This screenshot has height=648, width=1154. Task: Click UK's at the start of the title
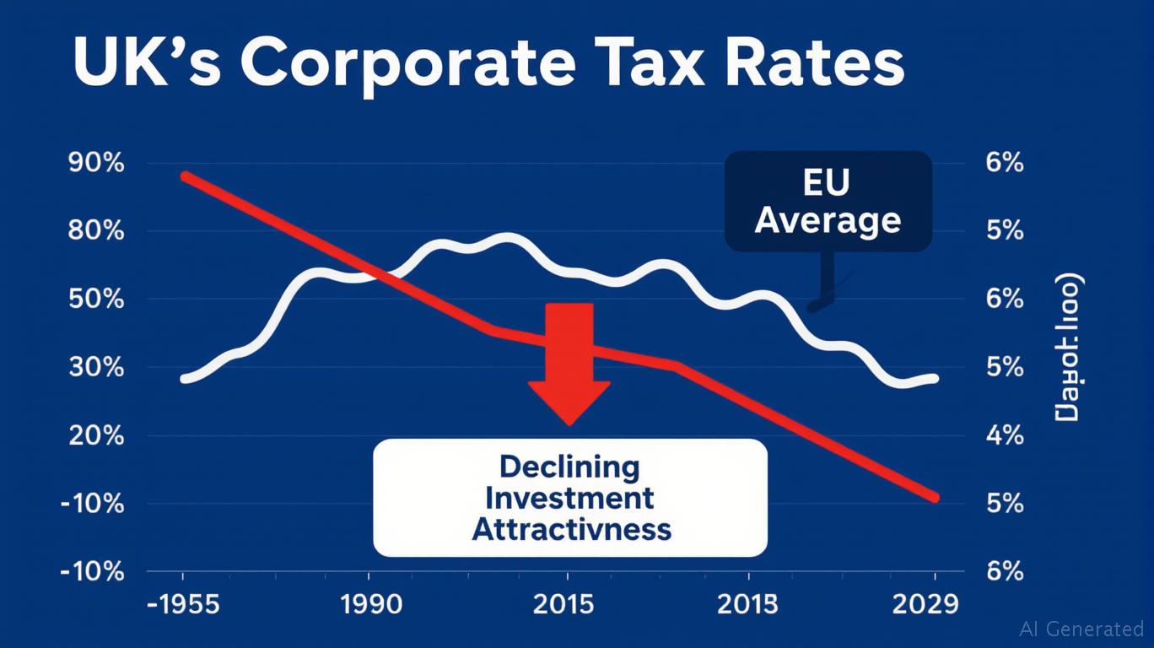144,65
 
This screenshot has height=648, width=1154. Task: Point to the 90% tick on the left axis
94,163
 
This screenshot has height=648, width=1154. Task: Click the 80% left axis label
94,231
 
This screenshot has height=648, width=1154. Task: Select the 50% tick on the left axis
94,300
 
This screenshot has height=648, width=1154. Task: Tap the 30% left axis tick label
94,368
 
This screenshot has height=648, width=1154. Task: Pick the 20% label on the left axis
94,436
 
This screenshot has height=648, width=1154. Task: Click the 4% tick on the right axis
1004,436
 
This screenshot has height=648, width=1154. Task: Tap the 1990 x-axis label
369,604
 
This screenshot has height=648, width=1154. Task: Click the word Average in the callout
828,221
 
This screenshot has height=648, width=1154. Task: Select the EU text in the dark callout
828,182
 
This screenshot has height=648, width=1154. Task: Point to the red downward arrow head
569,401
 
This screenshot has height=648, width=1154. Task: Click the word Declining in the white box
569,466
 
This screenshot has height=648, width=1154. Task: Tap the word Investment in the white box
569,498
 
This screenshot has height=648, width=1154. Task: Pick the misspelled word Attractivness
571,529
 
